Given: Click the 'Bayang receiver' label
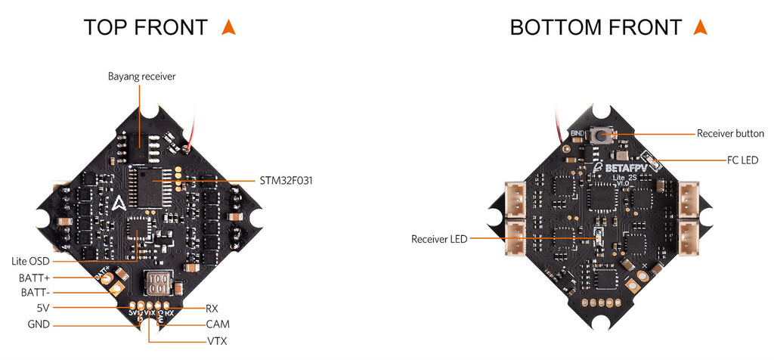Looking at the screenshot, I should (x=142, y=76).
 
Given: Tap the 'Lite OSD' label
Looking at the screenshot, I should (x=30, y=261).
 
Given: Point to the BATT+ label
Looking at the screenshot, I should (x=34, y=278).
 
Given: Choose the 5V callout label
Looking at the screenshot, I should (x=42, y=309).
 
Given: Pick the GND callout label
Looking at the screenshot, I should (x=39, y=325).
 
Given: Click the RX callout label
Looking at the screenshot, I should (x=212, y=309).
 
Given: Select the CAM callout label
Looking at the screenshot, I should (x=217, y=324).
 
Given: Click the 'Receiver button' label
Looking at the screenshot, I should (x=729, y=133).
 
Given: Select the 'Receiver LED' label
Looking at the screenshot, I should (x=439, y=239).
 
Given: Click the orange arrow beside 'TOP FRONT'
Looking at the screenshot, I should (x=228, y=27).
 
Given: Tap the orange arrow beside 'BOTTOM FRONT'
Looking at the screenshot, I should (x=700, y=27).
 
